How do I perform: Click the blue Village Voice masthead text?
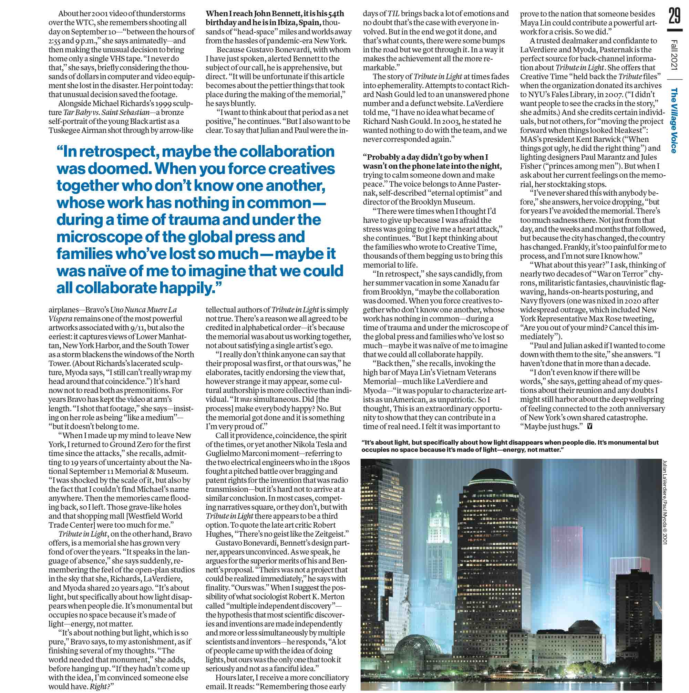(x=674, y=121)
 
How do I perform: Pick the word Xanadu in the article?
(x=480, y=283)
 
